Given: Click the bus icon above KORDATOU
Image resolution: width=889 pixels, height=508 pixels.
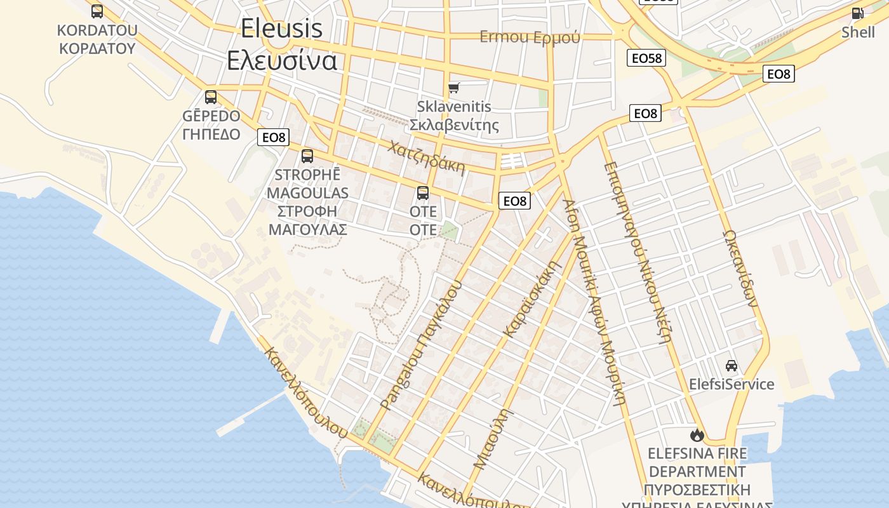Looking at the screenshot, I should coord(97,11).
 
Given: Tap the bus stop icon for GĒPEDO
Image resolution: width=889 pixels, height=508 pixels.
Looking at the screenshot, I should coord(211,97).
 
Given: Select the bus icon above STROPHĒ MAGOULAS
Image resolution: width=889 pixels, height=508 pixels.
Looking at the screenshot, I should coord(307,156).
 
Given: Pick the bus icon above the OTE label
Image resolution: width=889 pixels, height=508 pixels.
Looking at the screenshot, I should coord(423,193).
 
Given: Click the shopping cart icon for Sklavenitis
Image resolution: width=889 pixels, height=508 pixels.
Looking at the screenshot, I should coord(453,88).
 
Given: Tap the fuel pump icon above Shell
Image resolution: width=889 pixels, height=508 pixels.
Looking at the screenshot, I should coord(857,13).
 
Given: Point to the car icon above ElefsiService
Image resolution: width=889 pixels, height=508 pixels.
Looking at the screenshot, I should coord(732,365).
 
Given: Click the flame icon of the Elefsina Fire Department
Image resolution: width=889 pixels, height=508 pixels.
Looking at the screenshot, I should coord(697,435).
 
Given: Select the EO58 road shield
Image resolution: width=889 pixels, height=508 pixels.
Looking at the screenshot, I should coord(646,58).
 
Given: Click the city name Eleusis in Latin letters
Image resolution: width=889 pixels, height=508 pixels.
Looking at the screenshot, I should coord(281,28).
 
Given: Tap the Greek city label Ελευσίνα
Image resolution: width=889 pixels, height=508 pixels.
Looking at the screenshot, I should coord(282,60).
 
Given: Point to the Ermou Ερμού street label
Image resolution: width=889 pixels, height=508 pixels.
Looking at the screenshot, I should coord(530,37).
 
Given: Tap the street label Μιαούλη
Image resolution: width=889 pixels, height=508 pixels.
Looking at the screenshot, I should coord(493,438).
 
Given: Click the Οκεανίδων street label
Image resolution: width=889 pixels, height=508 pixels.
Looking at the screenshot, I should coord(740,268).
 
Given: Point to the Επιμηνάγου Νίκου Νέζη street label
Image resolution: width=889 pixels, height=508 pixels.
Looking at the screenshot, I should coord(637,252).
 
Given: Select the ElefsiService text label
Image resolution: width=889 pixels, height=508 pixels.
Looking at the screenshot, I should coord(732,384).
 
